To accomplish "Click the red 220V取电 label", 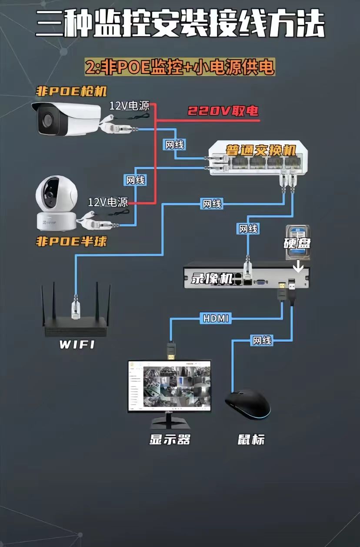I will (223, 111).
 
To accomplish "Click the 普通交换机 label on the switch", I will (260, 151).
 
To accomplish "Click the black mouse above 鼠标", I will (248, 404).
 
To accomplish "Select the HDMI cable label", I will (216, 318).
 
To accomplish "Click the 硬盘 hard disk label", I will (297, 243).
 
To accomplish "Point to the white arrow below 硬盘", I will (299, 264).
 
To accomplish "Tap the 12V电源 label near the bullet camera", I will (129, 105).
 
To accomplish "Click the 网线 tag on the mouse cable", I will (262, 340).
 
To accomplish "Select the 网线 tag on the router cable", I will (212, 203).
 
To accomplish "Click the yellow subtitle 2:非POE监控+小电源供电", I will (180, 68).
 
